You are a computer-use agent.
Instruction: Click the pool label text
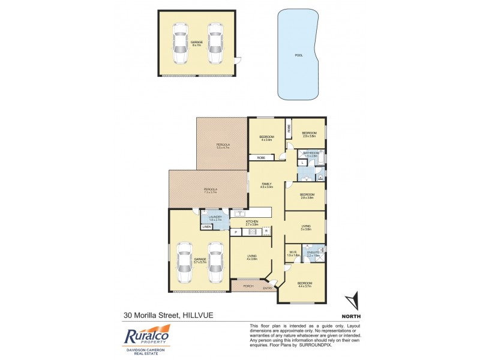299,55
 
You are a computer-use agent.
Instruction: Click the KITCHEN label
252,221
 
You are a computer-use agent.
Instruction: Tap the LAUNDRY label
215,217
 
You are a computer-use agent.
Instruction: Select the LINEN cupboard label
207,227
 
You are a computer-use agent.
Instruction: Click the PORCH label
248,286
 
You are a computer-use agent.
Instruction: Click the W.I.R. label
293,252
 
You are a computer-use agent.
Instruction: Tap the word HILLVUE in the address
198,314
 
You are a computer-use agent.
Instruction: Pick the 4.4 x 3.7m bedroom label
305,283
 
